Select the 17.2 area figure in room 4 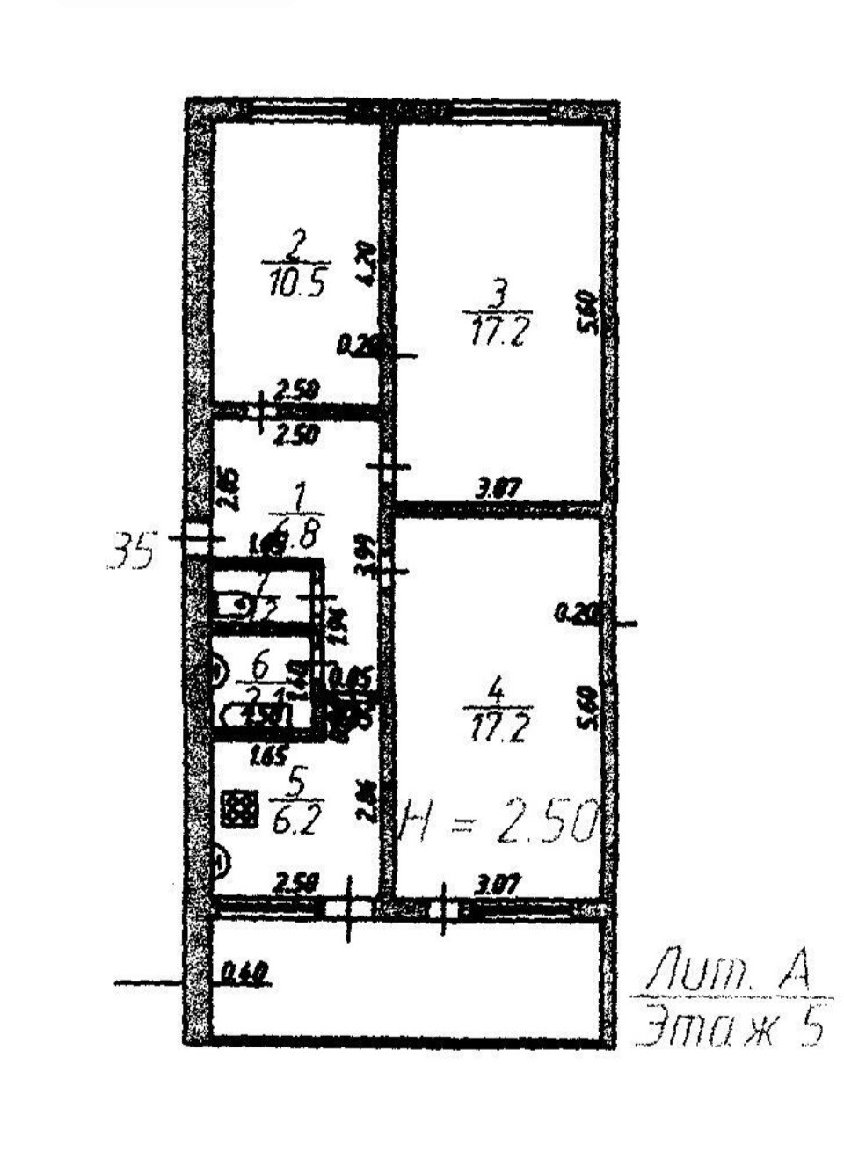tap(498, 728)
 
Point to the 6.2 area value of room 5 tap(295, 820)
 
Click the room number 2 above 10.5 tap(298, 243)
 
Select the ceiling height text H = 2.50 tap(499, 822)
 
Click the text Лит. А tap(728, 971)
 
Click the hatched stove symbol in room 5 tap(239, 809)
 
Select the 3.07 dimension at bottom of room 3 tap(498, 487)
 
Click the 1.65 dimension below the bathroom tap(269, 755)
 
